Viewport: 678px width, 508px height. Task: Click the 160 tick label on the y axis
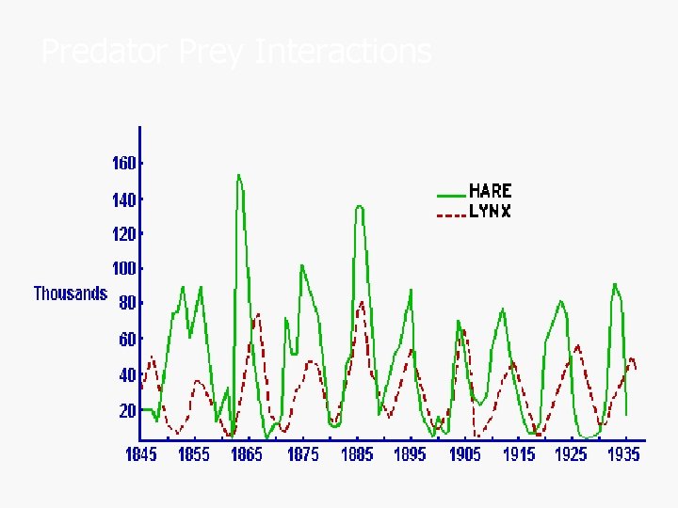(x=123, y=163)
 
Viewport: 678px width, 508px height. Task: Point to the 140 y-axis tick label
(x=123, y=199)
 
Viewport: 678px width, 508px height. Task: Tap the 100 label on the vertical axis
(x=123, y=269)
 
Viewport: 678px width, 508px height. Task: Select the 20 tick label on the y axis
(x=127, y=410)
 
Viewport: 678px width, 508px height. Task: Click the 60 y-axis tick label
(x=127, y=339)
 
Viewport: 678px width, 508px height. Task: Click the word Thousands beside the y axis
(x=71, y=294)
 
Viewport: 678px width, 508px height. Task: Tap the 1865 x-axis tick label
(x=249, y=454)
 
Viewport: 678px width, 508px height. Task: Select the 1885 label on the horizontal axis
(x=358, y=454)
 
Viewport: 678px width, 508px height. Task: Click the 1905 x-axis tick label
(x=465, y=454)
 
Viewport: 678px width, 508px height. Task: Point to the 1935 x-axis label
(x=623, y=454)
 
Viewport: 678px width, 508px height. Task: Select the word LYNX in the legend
(x=491, y=212)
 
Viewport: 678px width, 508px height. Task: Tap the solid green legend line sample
(x=451, y=195)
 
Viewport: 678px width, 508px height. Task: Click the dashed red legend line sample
(x=451, y=214)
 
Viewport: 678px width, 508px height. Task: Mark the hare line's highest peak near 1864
(x=238, y=175)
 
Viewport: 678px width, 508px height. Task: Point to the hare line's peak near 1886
(x=359, y=206)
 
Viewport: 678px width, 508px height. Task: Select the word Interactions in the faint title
(x=344, y=51)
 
